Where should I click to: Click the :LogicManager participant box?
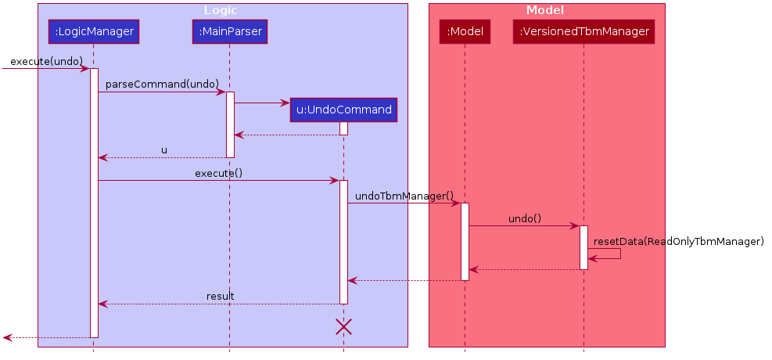click(x=93, y=32)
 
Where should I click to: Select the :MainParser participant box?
click(x=229, y=32)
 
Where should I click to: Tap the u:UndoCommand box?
click(x=343, y=110)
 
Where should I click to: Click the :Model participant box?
click(x=465, y=32)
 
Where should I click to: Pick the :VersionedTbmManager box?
click(x=583, y=32)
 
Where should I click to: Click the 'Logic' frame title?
click(x=221, y=10)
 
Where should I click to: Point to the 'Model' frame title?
click(x=545, y=10)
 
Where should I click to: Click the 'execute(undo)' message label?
click(x=46, y=61)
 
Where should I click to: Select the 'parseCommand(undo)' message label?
click(x=162, y=84)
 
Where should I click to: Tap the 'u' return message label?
click(x=164, y=149)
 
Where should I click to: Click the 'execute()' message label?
click(x=218, y=172)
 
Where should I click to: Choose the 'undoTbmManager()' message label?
click(x=404, y=196)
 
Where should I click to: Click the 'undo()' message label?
click(x=524, y=218)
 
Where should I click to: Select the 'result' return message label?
click(x=220, y=296)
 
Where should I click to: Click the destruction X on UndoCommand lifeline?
click(x=343, y=327)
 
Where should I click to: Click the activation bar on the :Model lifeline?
click(x=465, y=241)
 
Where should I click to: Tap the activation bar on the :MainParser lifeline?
click(x=230, y=124)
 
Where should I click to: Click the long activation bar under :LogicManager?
click(x=94, y=203)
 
